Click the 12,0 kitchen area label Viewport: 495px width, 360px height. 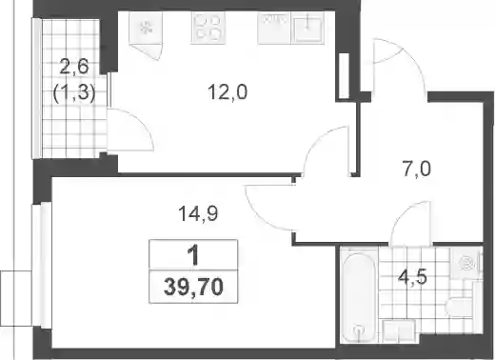228,92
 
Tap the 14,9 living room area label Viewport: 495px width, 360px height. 198,213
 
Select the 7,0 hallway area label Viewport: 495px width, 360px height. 416,169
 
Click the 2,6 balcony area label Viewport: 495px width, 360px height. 74,68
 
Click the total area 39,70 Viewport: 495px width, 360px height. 193,287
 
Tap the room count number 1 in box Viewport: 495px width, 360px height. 193,256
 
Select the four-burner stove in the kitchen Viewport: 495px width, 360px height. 208,28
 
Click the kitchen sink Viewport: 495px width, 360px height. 307,28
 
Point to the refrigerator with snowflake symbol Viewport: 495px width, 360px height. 147,28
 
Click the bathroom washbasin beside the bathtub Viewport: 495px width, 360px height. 399,330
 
